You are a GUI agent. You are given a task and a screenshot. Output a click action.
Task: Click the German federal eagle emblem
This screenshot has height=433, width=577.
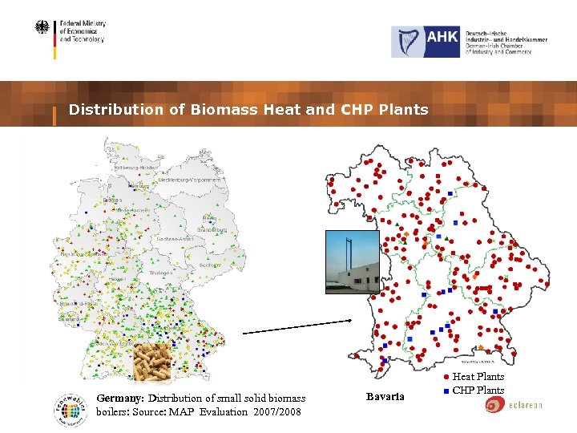pos(42,28)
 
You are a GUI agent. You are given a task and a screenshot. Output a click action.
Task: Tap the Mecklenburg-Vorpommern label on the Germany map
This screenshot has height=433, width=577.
pos(189,180)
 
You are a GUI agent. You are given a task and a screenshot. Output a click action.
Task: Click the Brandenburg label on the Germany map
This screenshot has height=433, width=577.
pos(212,230)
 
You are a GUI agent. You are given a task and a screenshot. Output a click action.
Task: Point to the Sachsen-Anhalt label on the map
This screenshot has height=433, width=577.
pos(175,239)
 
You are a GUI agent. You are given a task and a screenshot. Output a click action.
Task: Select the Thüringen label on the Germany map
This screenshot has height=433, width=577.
pos(161,273)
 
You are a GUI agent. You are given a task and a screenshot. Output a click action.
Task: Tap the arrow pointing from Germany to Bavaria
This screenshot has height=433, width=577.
pos(297,326)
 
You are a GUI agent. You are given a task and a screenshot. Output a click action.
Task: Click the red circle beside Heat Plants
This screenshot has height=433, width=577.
pos(446,376)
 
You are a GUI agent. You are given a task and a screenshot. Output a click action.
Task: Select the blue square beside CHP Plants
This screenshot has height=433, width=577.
pos(446,391)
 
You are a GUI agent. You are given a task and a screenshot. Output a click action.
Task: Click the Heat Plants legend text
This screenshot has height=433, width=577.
pos(478,376)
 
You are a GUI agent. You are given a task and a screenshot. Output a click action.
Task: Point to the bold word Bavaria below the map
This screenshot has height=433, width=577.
pos(385,397)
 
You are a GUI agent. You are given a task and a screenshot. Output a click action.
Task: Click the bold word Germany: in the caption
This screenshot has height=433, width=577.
pos(120,399)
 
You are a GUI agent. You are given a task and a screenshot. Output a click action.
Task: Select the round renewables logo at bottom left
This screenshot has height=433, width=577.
pos(71,405)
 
